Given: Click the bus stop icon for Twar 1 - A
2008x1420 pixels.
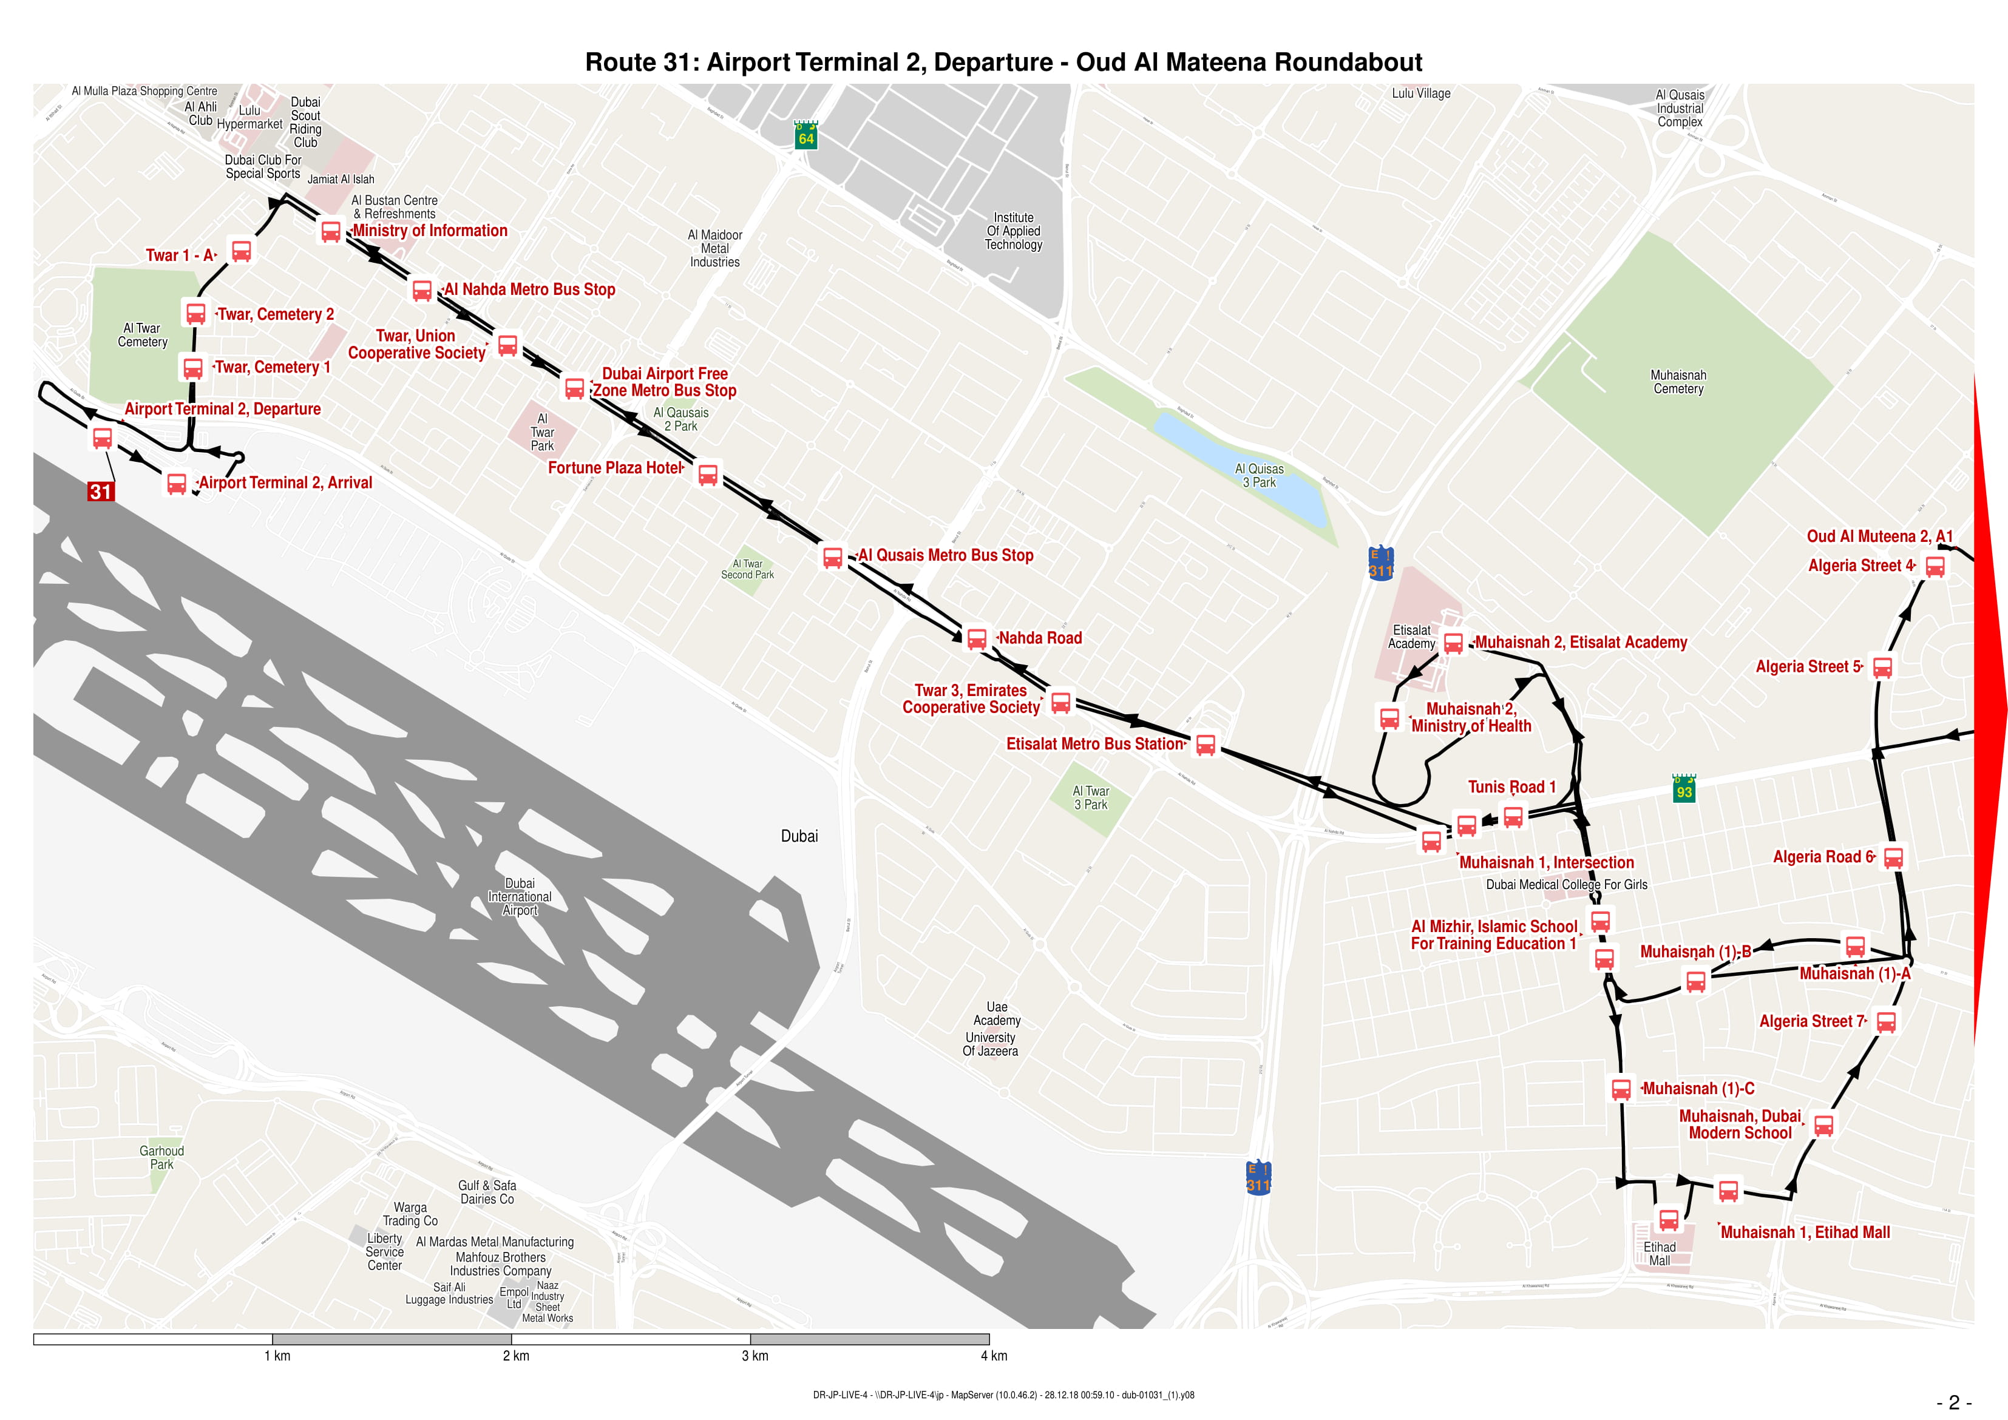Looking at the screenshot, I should coord(242,251).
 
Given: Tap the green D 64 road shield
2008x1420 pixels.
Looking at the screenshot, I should coord(806,135).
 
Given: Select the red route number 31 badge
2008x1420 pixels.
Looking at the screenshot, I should coord(101,492).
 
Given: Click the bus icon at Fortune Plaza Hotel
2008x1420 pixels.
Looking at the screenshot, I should coord(708,475).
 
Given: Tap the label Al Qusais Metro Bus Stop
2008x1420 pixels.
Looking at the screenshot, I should coord(945,555).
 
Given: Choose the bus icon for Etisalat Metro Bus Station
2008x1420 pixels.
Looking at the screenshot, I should coord(1205,745).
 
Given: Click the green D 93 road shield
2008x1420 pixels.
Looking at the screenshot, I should coord(1683,789).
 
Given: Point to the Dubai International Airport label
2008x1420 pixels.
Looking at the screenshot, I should coord(520,896).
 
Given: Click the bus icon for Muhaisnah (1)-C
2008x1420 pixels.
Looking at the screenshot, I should coord(1621,1089).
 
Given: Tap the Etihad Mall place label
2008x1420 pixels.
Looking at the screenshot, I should coord(1659,1253).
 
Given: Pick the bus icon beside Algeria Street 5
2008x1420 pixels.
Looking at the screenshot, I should coord(1882,668).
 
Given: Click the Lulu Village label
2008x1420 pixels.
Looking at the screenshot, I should coord(1420,93).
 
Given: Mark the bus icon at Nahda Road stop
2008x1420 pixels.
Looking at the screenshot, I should coord(977,638).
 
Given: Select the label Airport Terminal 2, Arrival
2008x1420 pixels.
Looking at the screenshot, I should coord(285,482).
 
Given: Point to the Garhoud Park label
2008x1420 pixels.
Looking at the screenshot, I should coord(162,1157).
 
